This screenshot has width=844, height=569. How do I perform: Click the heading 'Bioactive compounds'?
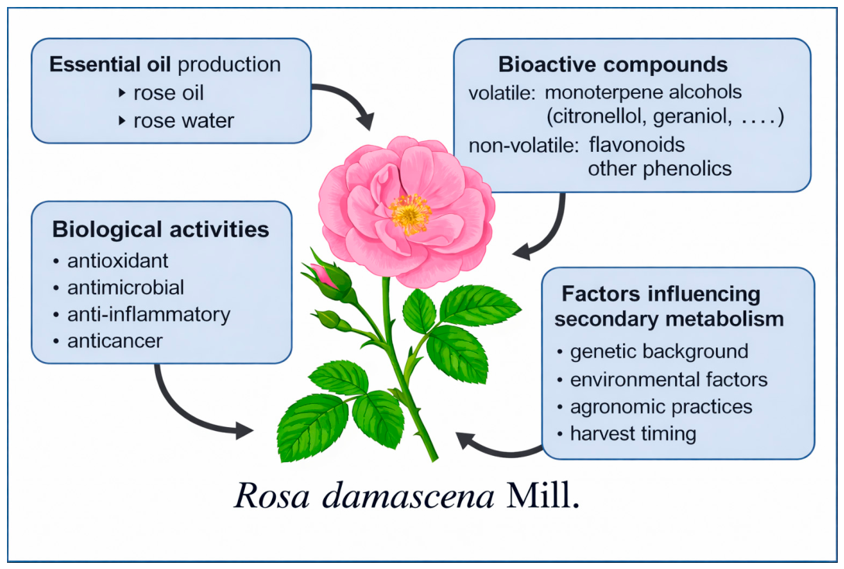click(x=612, y=64)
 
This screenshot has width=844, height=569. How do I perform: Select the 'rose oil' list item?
click(x=168, y=93)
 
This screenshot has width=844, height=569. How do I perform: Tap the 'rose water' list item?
click(x=184, y=121)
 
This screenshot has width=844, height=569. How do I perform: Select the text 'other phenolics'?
click(x=660, y=168)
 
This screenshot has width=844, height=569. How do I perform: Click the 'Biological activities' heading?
click(x=160, y=230)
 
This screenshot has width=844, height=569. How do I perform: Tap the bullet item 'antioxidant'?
click(x=117, y=260)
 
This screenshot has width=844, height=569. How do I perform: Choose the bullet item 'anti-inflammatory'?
click(x=149, y=315)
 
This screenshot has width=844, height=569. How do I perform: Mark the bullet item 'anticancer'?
click(x=115, y=341)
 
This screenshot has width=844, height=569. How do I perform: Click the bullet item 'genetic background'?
click(x=660, y=351)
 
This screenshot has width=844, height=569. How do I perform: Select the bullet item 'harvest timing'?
click(x=633, y=433)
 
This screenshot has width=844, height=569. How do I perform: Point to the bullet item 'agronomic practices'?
click(x=661, y=406)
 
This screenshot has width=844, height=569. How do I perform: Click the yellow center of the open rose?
click(x=410, y=214)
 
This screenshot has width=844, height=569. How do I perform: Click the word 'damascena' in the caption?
click(x=408, y=496)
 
